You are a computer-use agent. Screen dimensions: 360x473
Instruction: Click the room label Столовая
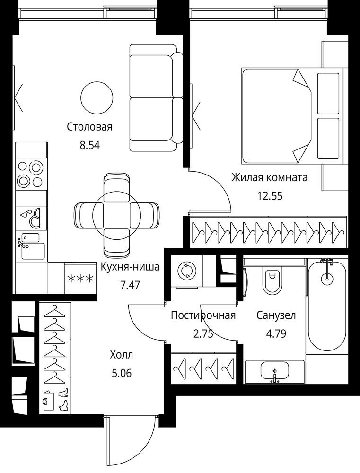[x=89, y=127]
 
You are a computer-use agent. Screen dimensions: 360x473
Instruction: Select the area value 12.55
[x=270, y=196]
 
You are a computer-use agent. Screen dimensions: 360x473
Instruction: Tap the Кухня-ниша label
[x=130, y=267]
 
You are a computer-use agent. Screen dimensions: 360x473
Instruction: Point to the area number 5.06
[x=122, y=374]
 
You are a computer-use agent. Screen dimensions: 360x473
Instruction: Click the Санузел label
[x=276, y=315]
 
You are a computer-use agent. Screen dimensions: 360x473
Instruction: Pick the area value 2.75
[x=203, y=334]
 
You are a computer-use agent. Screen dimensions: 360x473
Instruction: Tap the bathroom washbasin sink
[x=274, y=372]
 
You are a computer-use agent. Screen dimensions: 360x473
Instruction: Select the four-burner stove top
[x=30, y=175]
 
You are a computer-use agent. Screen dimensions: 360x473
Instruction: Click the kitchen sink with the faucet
[x=31, y=246]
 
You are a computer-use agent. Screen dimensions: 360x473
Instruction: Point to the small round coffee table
[x=97, y=97]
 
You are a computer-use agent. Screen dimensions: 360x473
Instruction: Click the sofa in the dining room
[x=156, y=97]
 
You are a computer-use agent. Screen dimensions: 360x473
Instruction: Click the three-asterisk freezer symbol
[x=80, y=279]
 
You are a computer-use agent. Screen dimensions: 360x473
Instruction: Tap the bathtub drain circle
[x=327, y=278]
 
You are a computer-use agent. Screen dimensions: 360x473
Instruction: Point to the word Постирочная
[x=203, y=315]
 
